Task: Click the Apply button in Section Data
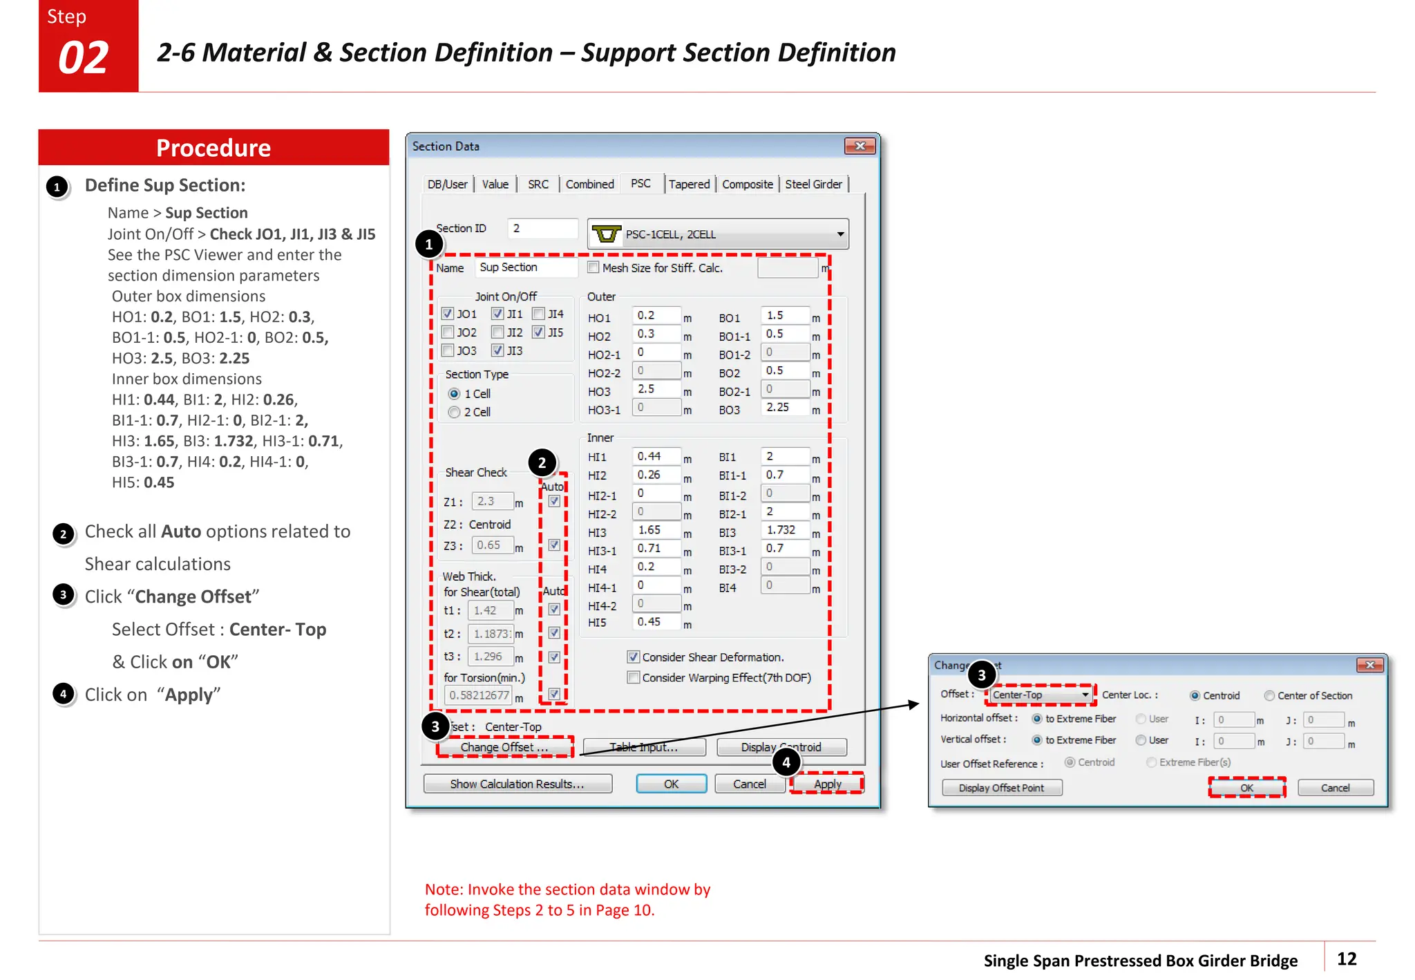coord(827,784)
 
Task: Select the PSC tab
coord(640,184)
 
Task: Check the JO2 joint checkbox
coord(448,332)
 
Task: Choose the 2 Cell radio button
coord(454,412)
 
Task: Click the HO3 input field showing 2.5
coord(655,389)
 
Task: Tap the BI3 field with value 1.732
coord(784,530)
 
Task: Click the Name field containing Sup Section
coord(526,267)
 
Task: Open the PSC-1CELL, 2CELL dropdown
coord(840,234)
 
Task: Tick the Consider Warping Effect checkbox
coord(634,677)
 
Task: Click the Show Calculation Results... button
coord(517,784)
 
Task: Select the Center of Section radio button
coord(1269,695)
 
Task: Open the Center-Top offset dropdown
coord(1085,695)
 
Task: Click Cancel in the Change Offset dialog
coord(1335,788)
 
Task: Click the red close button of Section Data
coord(860,146)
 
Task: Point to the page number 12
coord(1347,959)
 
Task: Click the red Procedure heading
coord(213,148)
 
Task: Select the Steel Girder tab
coord(813,185)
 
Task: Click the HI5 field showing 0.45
coord(655,622)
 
